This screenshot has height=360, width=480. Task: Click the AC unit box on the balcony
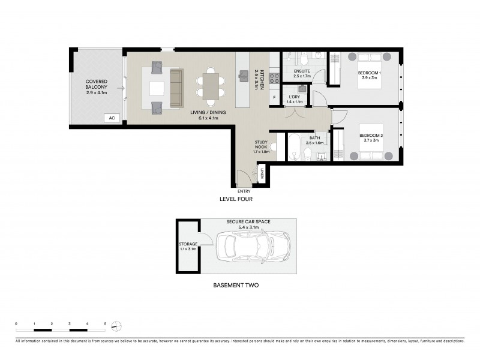click(112, 118)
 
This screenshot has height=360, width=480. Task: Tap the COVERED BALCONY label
click(96, 87)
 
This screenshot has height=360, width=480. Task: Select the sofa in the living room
click(176, 88)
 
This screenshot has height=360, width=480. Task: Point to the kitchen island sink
click(244, 76)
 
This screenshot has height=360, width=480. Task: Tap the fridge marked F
click(274, 97)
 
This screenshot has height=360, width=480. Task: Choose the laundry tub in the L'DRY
click(302, 89)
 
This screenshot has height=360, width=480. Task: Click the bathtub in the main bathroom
click(294, 147)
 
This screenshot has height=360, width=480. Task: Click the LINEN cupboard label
click(262, 175)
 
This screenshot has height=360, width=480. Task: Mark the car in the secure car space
click(252, 245)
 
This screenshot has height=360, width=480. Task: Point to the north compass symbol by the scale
click(117, 326)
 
